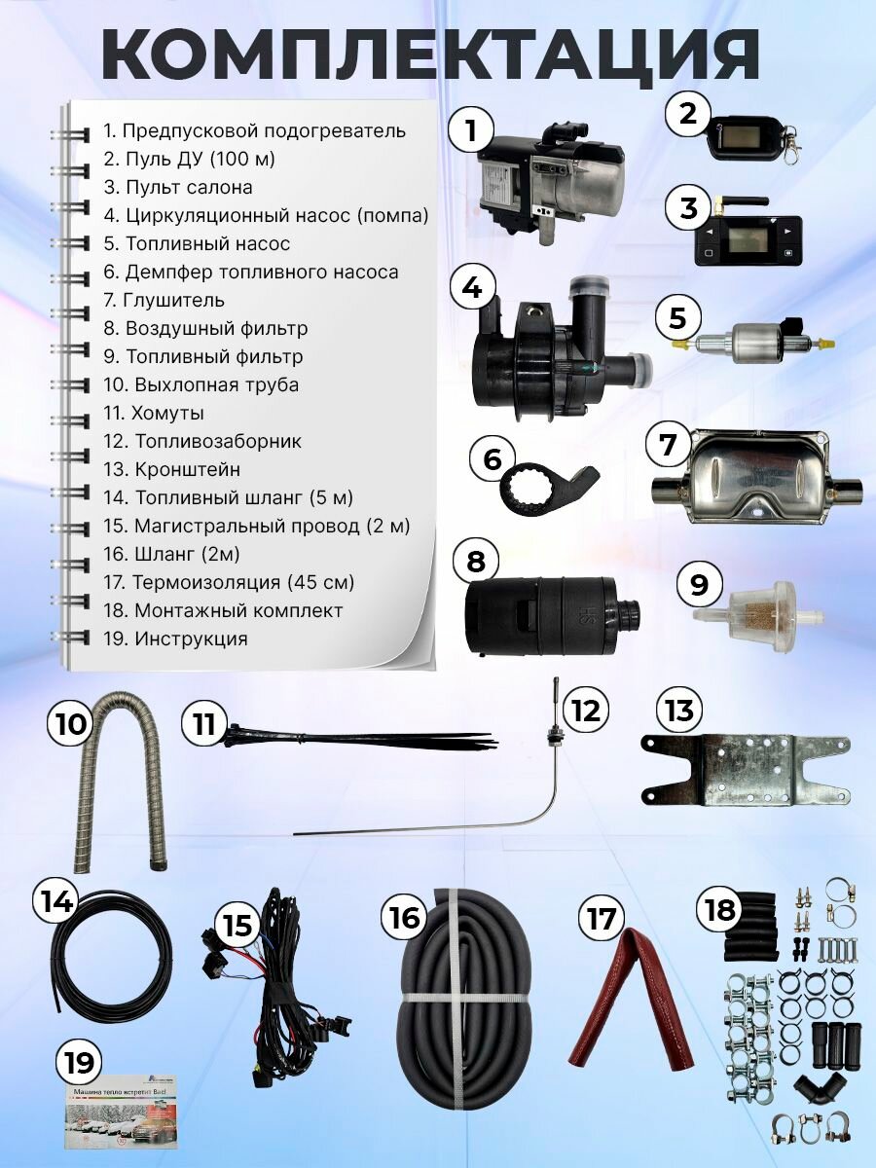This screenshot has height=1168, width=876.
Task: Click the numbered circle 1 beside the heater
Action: click(x=471, y=130)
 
